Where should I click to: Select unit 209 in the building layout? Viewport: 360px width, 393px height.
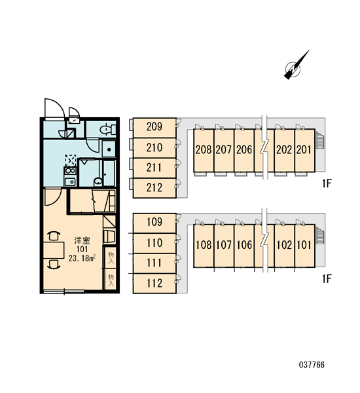154,128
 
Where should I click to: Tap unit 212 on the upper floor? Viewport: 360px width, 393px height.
154,188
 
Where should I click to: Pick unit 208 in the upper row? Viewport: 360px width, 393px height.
204,151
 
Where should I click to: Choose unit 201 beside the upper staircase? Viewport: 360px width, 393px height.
304,151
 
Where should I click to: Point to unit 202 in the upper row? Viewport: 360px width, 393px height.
284,151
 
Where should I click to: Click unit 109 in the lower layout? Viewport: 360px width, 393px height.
154,223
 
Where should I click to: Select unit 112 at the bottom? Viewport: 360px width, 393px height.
154,283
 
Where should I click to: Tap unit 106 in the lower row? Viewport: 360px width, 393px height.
244,246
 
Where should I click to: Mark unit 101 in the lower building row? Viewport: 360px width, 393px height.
304,246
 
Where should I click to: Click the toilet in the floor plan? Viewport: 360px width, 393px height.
108,130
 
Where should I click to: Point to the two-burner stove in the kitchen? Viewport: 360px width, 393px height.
70,171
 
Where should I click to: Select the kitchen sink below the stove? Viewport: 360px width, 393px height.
70,181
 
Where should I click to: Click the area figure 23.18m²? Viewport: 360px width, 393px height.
82,258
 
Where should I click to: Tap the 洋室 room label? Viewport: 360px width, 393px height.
82,241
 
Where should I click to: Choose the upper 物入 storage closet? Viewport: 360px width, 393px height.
111,257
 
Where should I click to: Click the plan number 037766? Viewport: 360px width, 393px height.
312,365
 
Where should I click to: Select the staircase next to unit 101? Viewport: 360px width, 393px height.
320,235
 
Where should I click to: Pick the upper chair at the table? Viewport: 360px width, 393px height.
54,236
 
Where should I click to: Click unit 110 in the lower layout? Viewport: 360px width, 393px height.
154,243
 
